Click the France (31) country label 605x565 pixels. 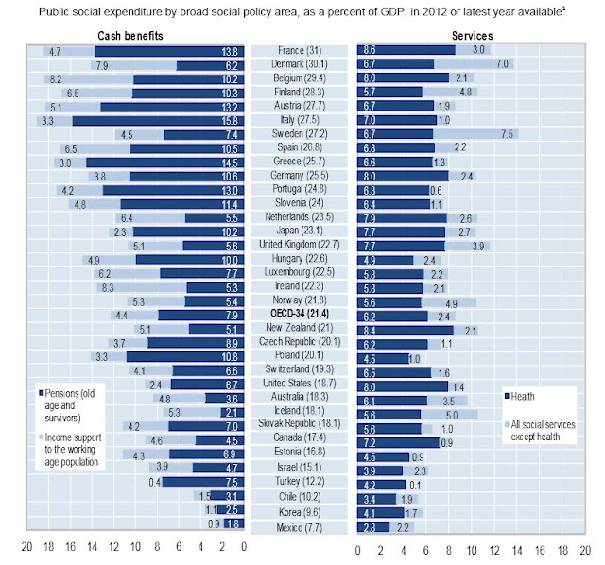point(300,49)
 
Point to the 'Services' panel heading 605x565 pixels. point(472,35)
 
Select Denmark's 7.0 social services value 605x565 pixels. point(504,64)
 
